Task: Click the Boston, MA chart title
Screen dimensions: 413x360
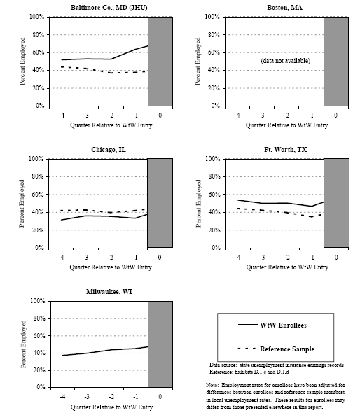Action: click(x=285, y=7)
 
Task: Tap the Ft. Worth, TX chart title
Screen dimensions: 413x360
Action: click(x=286, y=150)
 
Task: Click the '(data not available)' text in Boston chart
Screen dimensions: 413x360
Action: click(x=285, y=61)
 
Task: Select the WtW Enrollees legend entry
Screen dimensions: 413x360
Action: click(x=282, y=325)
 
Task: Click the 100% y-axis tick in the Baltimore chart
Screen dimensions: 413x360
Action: click(x=38, y=17)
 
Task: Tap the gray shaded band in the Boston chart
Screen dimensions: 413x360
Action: click(x=335, y=61)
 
